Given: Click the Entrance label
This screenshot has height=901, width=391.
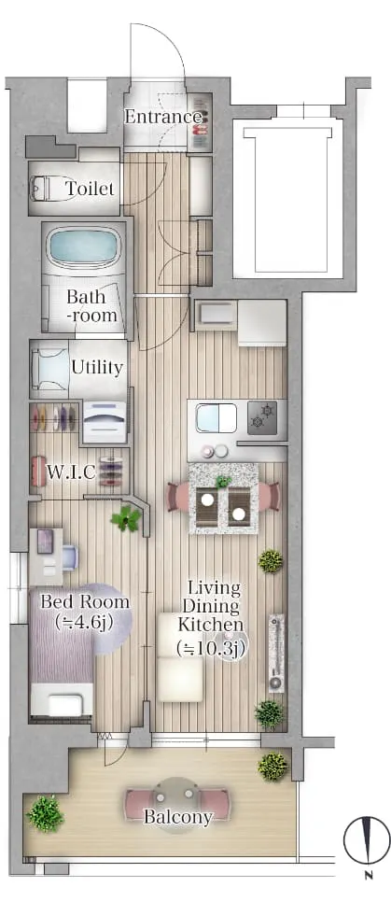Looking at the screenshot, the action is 163,118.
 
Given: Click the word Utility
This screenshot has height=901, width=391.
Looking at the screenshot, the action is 97,367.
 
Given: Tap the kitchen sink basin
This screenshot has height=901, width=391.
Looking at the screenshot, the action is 216,417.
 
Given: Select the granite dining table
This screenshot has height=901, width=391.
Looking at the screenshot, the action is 223,498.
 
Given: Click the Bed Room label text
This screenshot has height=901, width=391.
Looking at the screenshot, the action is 85,602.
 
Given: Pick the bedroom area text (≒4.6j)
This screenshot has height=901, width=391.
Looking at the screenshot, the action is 83,621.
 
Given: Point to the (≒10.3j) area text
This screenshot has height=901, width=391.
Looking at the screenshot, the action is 211,649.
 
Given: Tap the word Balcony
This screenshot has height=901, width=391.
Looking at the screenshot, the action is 177,817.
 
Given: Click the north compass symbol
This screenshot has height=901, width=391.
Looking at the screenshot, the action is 367,841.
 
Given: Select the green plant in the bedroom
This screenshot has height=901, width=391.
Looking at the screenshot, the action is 126,519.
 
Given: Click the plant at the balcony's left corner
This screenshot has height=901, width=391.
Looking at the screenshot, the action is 46,813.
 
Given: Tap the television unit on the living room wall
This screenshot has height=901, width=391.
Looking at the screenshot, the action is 276,653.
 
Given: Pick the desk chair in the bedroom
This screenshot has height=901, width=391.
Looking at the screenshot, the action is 69,556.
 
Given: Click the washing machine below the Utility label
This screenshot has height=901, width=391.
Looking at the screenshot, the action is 105,422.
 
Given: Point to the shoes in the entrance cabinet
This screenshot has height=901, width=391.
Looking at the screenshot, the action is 201,121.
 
